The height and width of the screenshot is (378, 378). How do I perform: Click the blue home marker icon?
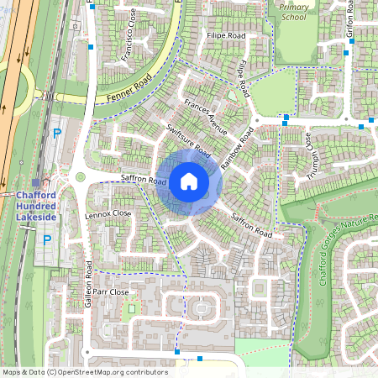(189, 181)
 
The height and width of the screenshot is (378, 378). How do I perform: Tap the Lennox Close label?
(108, 214)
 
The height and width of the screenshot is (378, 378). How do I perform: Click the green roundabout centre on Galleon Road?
(81, 177)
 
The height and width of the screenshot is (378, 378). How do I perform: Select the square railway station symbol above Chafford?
(35, 182)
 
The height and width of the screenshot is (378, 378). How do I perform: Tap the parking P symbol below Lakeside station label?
(46, 240)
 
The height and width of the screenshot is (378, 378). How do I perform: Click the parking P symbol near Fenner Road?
(57, 133)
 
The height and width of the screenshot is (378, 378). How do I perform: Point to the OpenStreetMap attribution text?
(84, 372)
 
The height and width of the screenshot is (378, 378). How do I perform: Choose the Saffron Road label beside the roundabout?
(144, 180)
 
